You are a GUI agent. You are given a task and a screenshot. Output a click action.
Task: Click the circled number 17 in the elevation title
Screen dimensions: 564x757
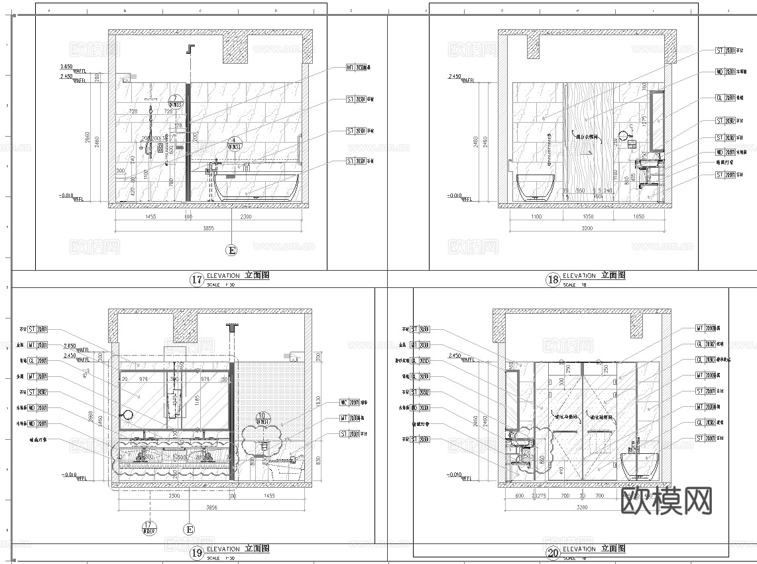click(197, 279)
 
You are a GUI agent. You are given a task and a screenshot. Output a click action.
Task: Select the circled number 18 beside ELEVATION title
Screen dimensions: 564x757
click(553, 279)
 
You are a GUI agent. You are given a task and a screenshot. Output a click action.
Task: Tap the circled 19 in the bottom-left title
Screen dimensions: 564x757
click(197, 552)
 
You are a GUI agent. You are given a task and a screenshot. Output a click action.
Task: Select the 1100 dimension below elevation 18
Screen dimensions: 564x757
click(536, 217)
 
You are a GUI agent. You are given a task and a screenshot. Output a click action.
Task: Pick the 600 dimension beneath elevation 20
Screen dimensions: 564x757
click(519, 496)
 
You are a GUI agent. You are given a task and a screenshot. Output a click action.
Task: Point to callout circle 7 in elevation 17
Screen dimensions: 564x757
click(175, 100)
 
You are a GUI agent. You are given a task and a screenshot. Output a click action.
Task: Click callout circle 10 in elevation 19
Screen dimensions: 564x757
click(263, 418)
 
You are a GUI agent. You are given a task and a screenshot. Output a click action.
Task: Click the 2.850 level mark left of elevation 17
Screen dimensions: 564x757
click(66, 67)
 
